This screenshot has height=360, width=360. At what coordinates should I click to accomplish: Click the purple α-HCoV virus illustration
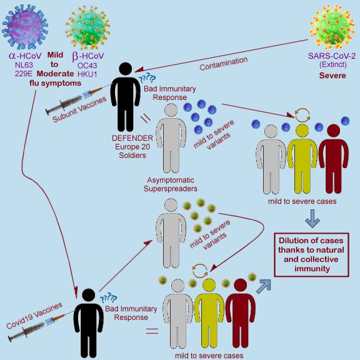pyautogui.click(x=25, y=27)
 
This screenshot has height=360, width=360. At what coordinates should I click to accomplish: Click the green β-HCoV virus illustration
pyautogui.click(x=87, y=27)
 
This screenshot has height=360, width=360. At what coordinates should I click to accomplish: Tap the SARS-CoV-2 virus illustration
pyautogui.click(x=332, y=27)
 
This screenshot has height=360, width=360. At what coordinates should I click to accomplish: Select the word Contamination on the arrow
pyautogui.click(x=223, y=63)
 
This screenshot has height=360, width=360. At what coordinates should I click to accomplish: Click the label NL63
pyautogui.click(x=24, y=65)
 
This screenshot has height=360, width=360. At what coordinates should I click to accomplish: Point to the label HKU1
pyautogui.click(x=87, y=74)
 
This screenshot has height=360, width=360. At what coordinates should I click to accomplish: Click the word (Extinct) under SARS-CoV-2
pyautogui.click(x=333, y=64)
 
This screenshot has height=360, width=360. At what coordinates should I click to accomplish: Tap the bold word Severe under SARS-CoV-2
pyautogui.click(x=332, y=76)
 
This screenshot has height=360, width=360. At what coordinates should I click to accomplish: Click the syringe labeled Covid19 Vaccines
pyautogui.click(x=41, y=326)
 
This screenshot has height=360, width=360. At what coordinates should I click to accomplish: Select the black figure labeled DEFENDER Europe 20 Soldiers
pyautogui.click(x=126, y=97)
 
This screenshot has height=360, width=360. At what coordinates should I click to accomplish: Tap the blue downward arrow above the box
pyautogui.click(x=312, y=218)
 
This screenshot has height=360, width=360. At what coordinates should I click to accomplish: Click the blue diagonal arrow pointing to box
pyautogui.click(x=264, y=286)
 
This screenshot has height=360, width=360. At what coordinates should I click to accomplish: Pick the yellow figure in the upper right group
pyautogui.click(x=302, y=159)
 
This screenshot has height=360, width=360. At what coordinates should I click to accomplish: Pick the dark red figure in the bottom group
pyautogui.click(x=241, y=313)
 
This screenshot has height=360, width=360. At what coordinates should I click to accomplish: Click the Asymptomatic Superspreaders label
pyautogui.click(x=171, y=184)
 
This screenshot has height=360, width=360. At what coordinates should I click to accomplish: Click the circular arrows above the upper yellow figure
pyautogui.click(x=302, y=115)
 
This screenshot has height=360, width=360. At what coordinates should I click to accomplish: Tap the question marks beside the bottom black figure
pyautogui.click(x=108, y=297)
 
